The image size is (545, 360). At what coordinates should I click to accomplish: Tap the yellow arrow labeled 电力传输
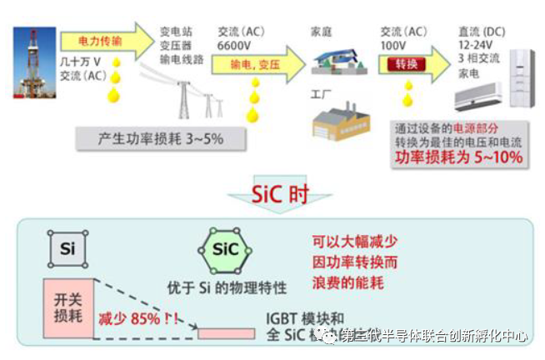tap(104, 40)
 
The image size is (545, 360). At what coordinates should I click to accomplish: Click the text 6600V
tap(234, 44)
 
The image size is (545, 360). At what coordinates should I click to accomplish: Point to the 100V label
tap(394, 44)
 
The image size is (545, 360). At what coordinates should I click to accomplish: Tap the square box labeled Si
tap(66, 248)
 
